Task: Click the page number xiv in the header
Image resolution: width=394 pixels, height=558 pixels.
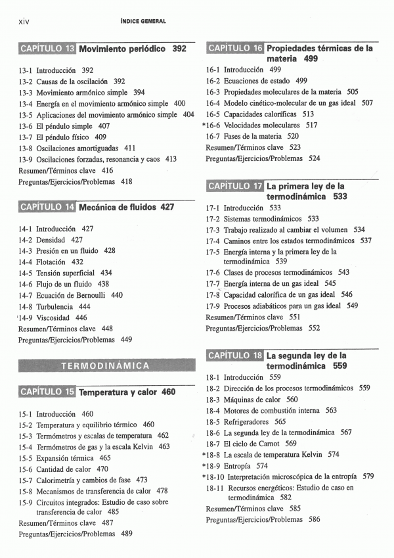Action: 24,21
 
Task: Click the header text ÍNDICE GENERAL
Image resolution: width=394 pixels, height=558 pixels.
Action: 143,21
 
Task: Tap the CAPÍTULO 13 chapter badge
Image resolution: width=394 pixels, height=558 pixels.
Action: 47,49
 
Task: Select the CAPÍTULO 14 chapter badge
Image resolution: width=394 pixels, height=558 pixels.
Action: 47,208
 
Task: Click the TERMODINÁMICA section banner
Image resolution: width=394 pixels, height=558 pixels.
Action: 106,365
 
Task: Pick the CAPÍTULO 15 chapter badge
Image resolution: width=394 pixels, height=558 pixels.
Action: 47,392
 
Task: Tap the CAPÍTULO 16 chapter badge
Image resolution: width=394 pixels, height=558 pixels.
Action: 235,48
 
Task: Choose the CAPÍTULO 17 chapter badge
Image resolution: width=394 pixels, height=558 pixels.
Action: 235,186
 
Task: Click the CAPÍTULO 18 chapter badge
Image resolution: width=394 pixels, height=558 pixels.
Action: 235,356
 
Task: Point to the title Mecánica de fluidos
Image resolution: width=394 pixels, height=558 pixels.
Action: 118,208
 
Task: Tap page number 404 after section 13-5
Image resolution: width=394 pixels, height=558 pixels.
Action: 188,114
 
